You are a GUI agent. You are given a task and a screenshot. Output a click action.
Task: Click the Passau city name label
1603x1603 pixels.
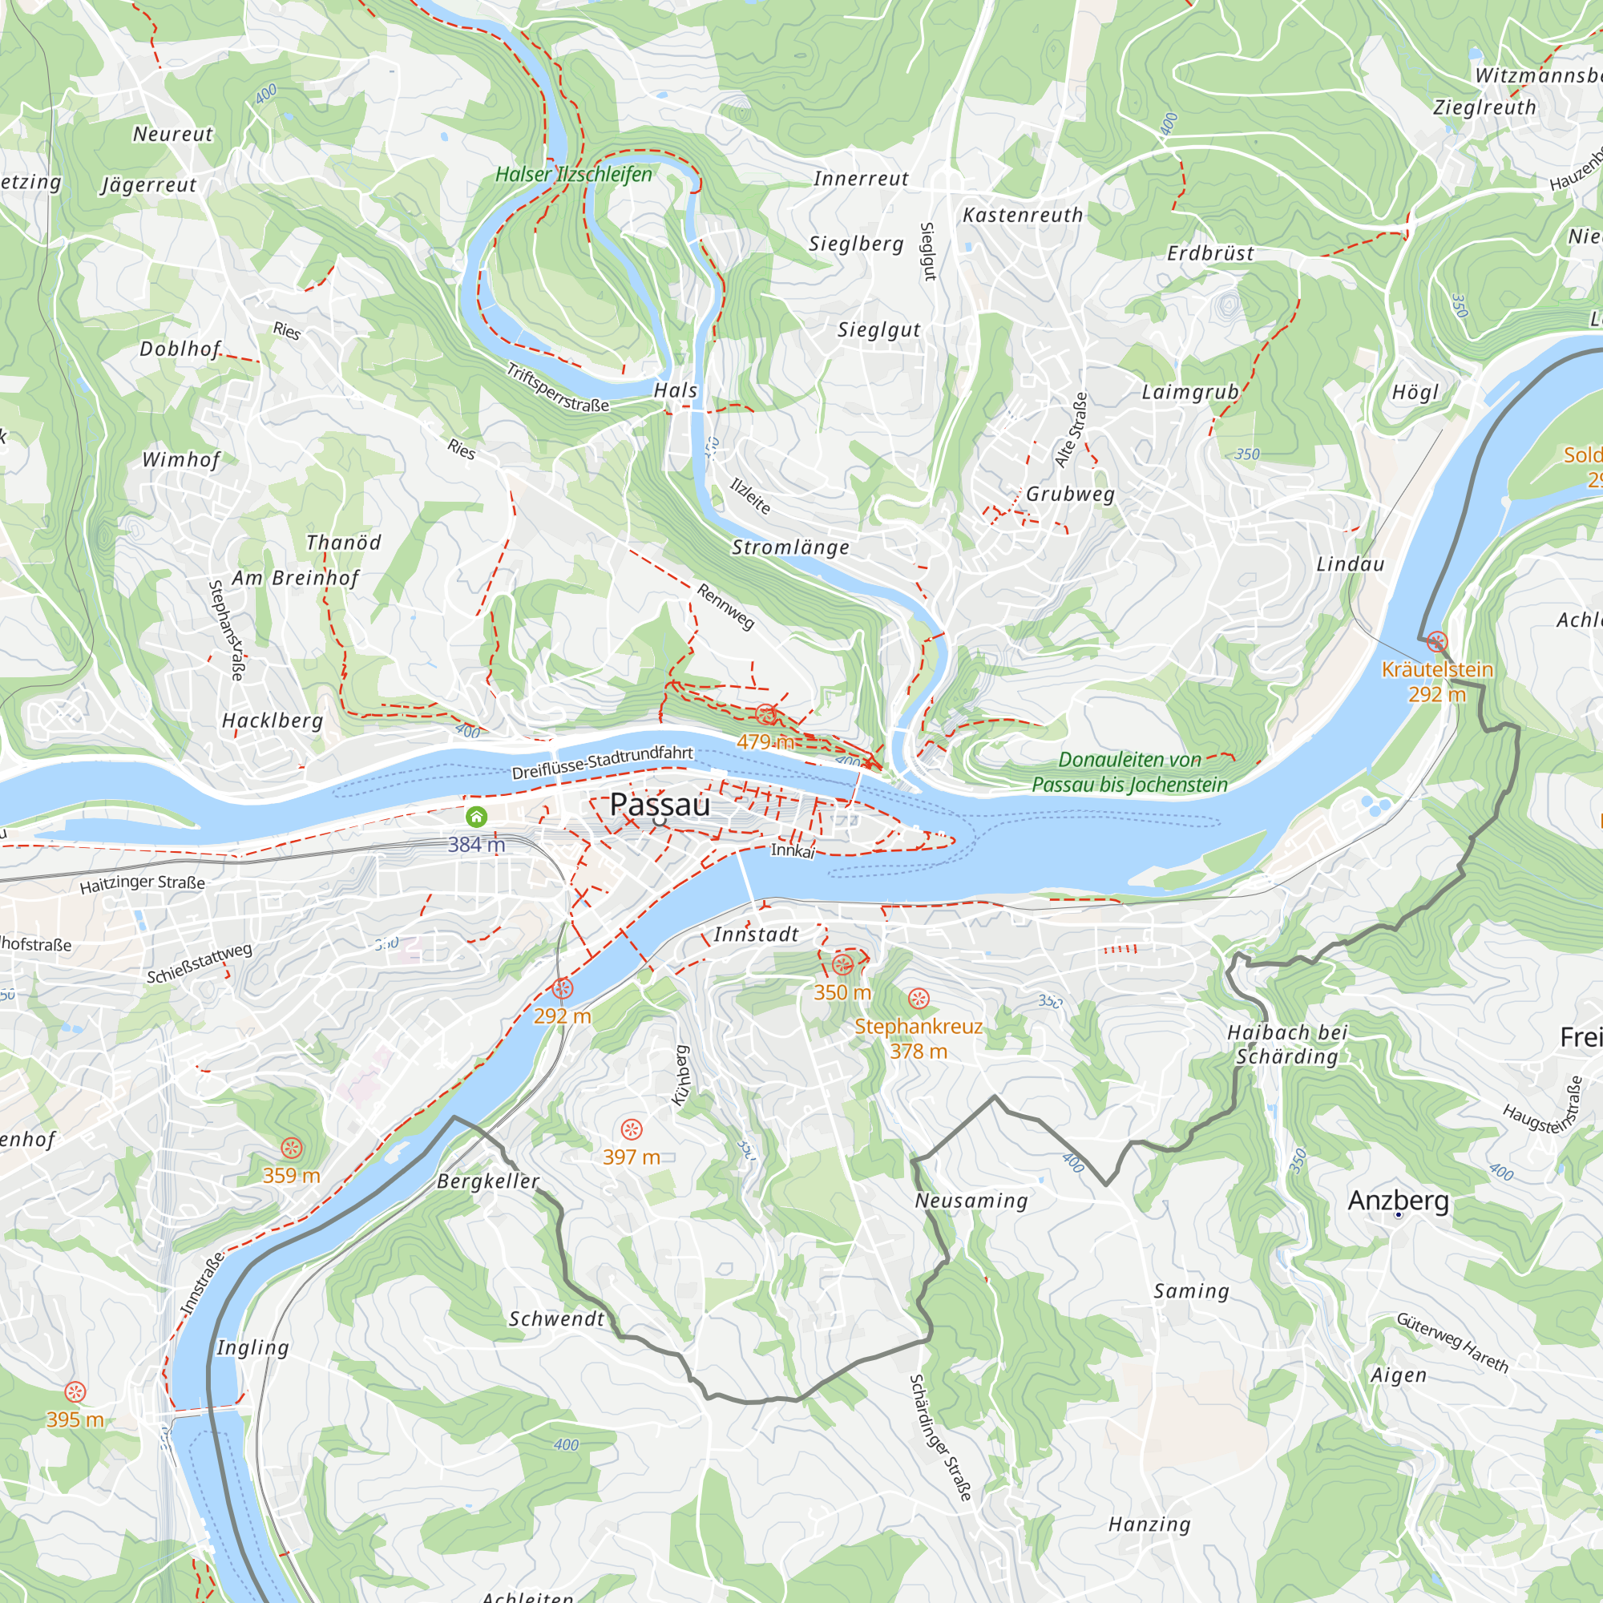click(x=660, y=804)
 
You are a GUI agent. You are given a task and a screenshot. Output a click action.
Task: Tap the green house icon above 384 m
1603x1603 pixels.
click(x=476, y=818)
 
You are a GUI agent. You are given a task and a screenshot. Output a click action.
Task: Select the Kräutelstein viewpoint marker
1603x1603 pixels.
click(x=1437, y=641)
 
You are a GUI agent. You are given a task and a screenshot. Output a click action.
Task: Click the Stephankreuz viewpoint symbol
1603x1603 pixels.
click(x=918, y=998)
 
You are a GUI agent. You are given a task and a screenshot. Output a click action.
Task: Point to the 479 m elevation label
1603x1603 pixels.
click(x=765, y=741)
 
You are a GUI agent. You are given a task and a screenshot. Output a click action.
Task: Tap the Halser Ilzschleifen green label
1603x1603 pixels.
click(x=573, y=174)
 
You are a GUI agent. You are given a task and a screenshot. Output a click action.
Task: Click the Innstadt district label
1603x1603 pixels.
click(x=756, y=935)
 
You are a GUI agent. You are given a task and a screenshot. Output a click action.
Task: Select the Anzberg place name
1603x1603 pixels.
click(x=1398, y=1200)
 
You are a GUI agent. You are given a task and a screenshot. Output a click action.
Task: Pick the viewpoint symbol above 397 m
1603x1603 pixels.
click(x=632, y=1129)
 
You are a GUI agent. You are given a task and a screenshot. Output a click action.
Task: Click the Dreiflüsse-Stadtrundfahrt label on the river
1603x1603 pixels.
click(x=602, y=762)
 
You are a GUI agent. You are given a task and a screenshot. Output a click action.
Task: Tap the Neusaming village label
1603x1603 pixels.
click(x=971, y=1201)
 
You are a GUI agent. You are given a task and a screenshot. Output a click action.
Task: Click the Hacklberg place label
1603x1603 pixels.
click(x=273, y=721)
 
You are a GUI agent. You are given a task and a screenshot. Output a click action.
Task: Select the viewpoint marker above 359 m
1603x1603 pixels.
click(x=291, y=1148)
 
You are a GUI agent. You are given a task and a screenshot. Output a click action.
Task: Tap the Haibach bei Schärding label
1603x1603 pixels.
click(x=1287, y=1044)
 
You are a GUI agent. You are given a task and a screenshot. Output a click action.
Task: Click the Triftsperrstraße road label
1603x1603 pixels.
click(x=558, y=388)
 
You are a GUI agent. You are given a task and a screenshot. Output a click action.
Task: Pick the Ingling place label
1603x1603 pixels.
click(x=253, y=1347)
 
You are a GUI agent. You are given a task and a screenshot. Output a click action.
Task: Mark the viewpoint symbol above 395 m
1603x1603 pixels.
click(x=75, y=1391)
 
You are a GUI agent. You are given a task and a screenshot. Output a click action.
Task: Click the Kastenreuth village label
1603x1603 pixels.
click(x=1022, y=215)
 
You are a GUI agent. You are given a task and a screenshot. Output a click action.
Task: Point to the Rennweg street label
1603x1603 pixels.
click(x=725, y=607)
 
